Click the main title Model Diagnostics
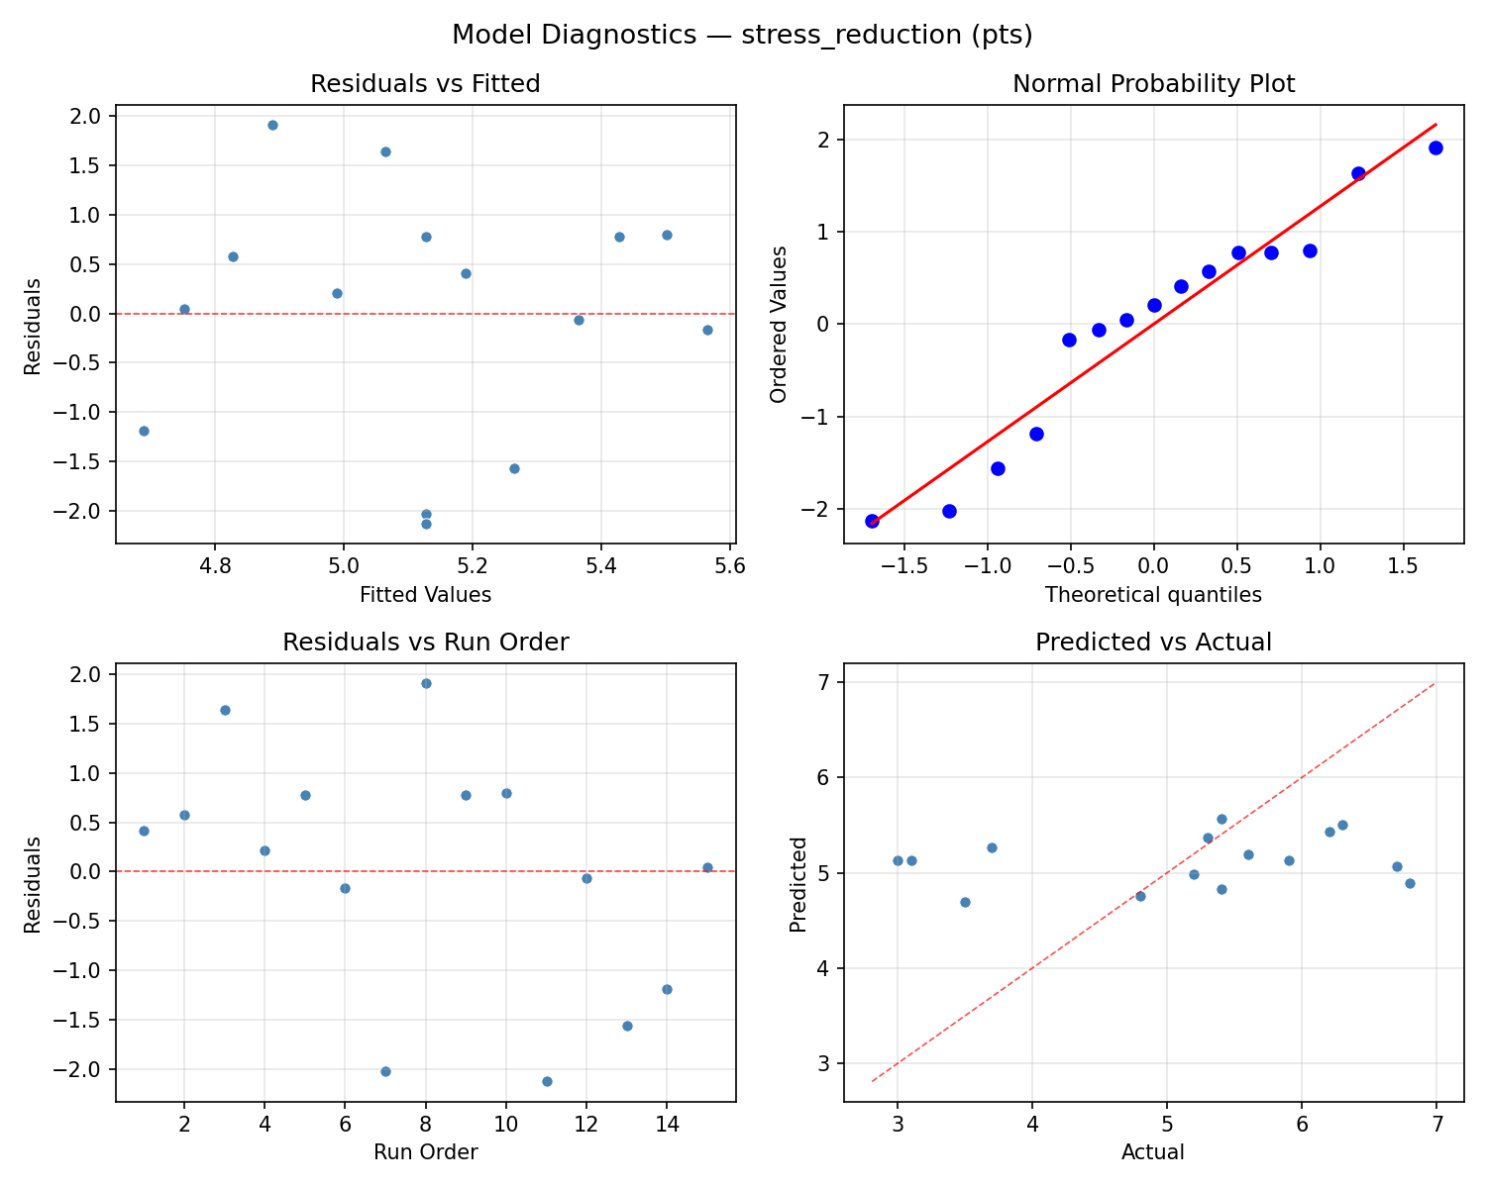(x=742, y=36)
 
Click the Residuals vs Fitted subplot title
(x=425, y=84)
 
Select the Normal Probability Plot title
(x=1153, y=84)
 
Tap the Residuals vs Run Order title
(x=425, y=643)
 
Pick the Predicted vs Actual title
(x=1153, y=643)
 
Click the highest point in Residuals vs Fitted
(x=272, y=125)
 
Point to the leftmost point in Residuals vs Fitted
(x=144, y=431)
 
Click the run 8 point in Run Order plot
(x=426, y=683)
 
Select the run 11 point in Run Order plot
(x=547, y=1081)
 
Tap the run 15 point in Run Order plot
(x=707, y=867)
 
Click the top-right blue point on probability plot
(x=1435, y=148)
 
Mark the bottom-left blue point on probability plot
(x=872, y=521)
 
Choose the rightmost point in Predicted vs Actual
(x=1410, y=883)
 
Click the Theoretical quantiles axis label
(x=1153, y=595)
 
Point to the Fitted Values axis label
(x=425, y=595)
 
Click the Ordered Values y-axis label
(x=779, y=325)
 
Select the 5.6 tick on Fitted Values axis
(x=729, y=567)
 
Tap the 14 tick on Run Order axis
(x=667, y=1126)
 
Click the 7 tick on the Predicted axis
(x=824, y=682)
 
